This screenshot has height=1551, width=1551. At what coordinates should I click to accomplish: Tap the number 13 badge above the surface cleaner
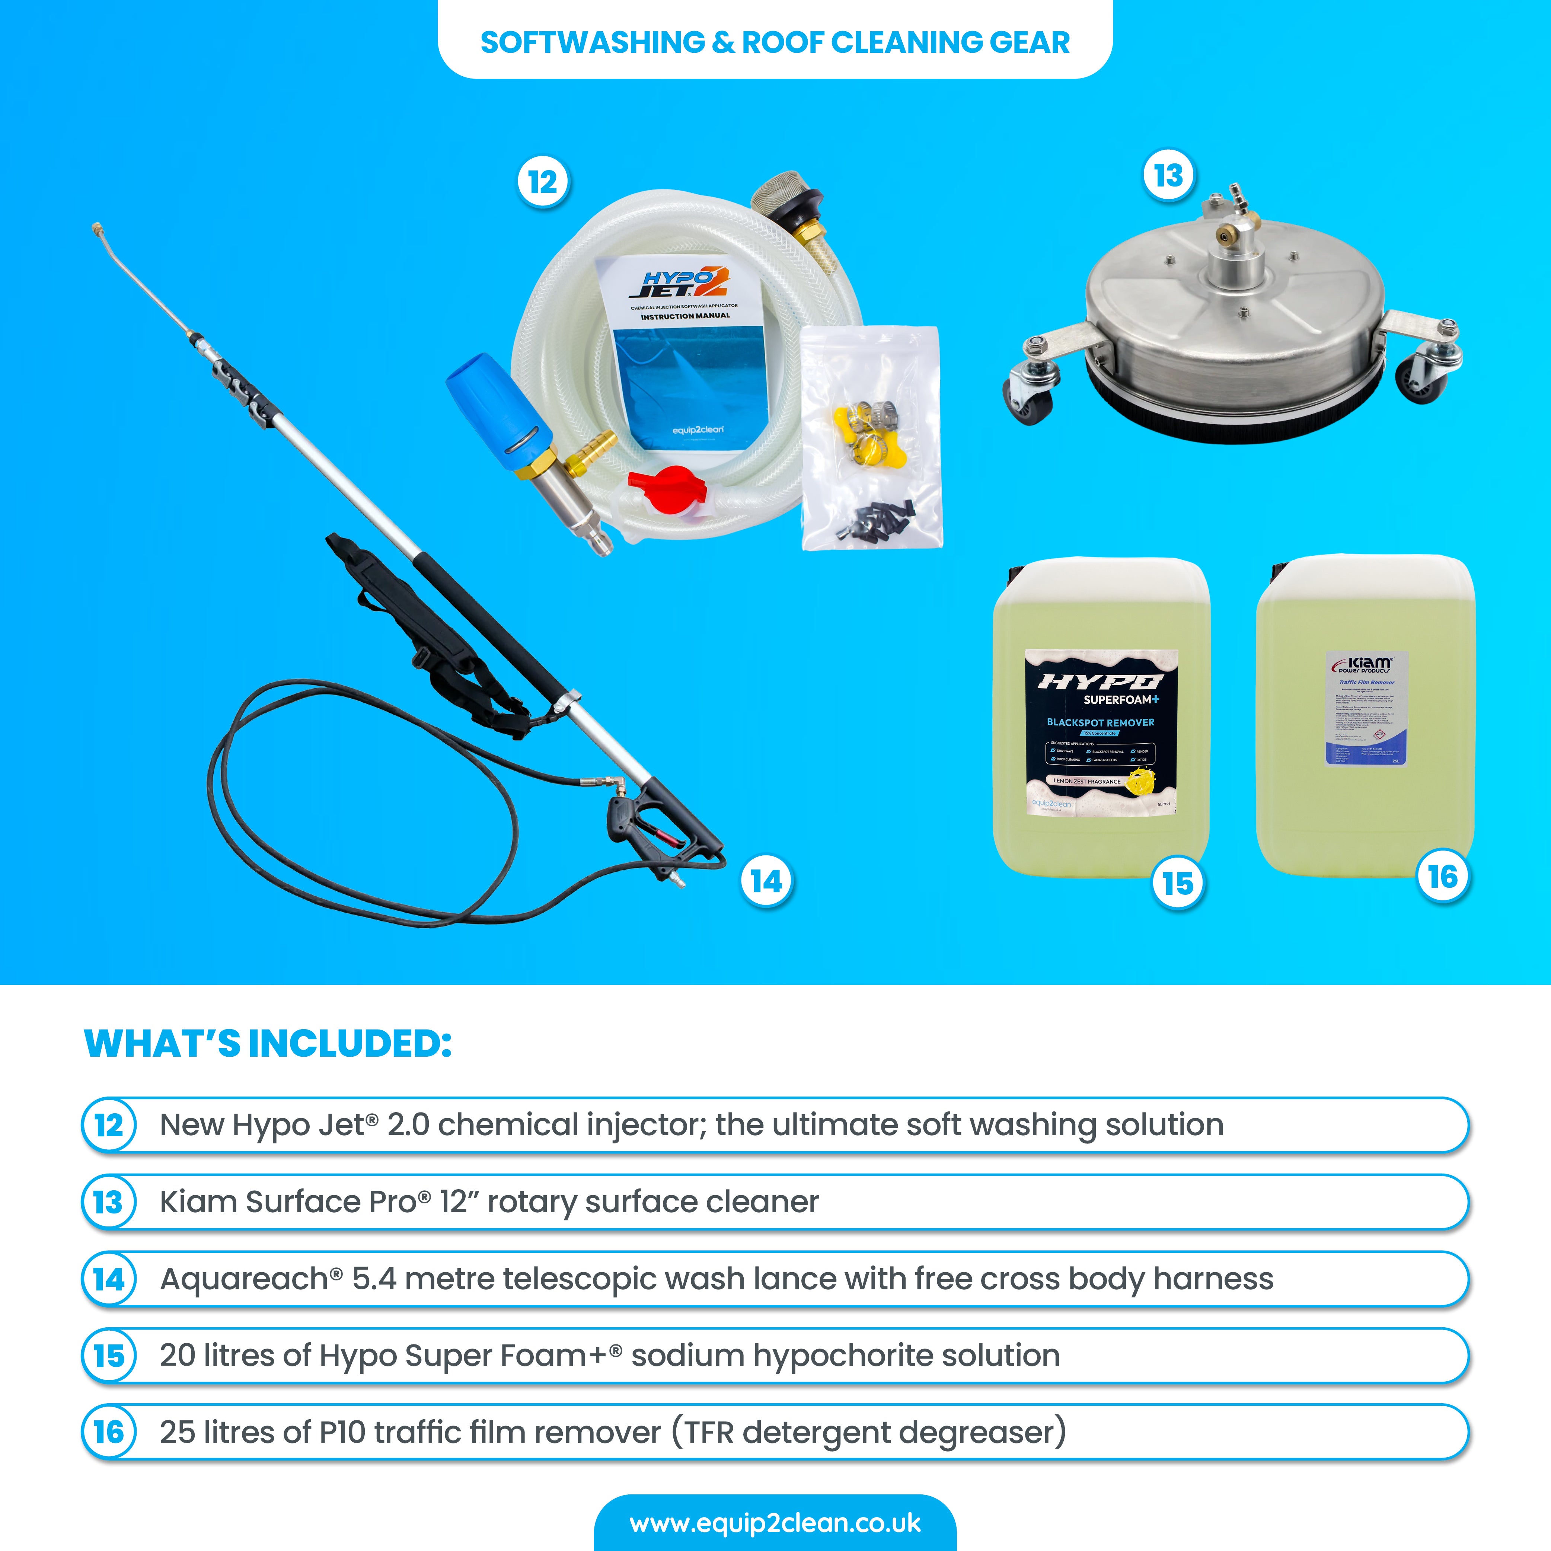(x=1168, y=175)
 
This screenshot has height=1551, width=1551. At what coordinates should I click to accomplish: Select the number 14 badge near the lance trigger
(x=766, y=881)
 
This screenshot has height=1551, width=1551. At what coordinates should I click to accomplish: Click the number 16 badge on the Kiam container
(x=1443, y=877)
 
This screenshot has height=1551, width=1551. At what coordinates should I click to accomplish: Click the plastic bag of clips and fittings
(x=871, y=437)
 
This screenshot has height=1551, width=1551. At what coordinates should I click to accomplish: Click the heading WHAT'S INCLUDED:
(x=268, y=1044)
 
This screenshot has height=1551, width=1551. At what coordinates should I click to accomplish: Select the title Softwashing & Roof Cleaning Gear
(x=775, y=42)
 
